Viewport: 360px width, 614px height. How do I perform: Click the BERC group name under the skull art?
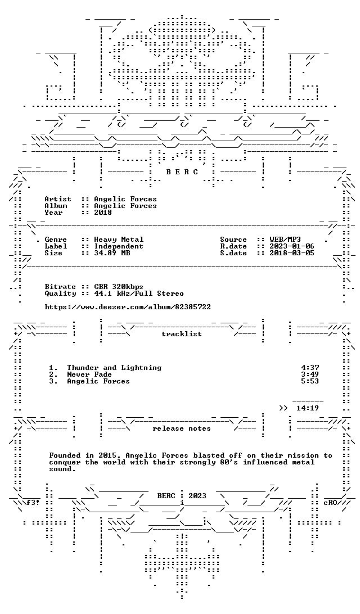[x=182, y=171]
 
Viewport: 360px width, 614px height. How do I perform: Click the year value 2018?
[x=103, y=213]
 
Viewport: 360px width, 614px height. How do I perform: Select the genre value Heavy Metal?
[x=119, y=240]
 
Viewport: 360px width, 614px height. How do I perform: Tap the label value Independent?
[x=119, y=246]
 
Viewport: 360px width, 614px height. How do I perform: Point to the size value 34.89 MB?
[x=112, y=253]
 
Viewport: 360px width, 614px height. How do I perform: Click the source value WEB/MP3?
[x=285, y=240]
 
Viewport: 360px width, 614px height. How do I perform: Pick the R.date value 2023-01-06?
[x=292, y=246]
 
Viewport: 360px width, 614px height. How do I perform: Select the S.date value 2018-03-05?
[x=292, y=253]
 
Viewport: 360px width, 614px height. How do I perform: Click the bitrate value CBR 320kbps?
[x=119, y=287]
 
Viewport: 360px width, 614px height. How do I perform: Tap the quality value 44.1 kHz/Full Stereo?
[x=139, y=294]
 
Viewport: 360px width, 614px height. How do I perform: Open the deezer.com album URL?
[x=128, y=307]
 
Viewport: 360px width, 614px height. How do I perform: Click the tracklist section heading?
[x=182, y=334]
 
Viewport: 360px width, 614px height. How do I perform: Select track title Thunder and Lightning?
[x=114, y=368]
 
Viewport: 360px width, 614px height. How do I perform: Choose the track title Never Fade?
[x=89, y=374]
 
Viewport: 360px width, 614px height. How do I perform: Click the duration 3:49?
[x=310, y=374]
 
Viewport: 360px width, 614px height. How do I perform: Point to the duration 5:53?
[x=310, y=381]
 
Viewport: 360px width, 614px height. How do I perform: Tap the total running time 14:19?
[x=308, y=408]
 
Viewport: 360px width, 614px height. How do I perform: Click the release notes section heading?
[x=182, y=429]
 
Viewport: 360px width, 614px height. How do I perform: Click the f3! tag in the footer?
[x=33, y=503]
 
